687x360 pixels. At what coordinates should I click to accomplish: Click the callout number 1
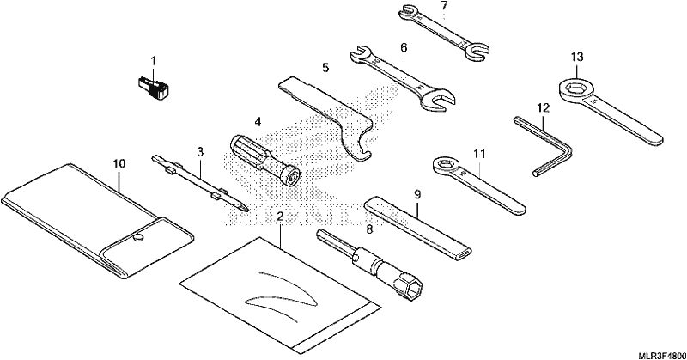[x=154, y=61]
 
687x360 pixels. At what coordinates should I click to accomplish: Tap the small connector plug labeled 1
[x=153, y=87]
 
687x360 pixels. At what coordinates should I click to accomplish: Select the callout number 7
[x=444, y=7]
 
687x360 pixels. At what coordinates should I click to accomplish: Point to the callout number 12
[x=543, y=108]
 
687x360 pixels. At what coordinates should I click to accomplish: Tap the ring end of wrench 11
[x=446, y=166]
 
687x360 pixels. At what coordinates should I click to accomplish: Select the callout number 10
[x=119, y=164]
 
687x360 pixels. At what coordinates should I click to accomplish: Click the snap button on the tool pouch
[x=138, y=238]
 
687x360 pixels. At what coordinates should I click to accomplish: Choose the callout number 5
[x=325, y=68]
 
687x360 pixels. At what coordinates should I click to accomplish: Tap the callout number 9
[x=417, y=193]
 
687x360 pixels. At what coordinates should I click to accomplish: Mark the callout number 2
[x=281, y=216]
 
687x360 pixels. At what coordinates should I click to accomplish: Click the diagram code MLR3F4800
[x=661, y=355]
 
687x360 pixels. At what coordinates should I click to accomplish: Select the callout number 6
[x=404, y=47]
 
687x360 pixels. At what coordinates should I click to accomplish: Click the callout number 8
[x=369, y=229]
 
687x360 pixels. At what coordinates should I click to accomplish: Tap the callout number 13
[x=577, y=57]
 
